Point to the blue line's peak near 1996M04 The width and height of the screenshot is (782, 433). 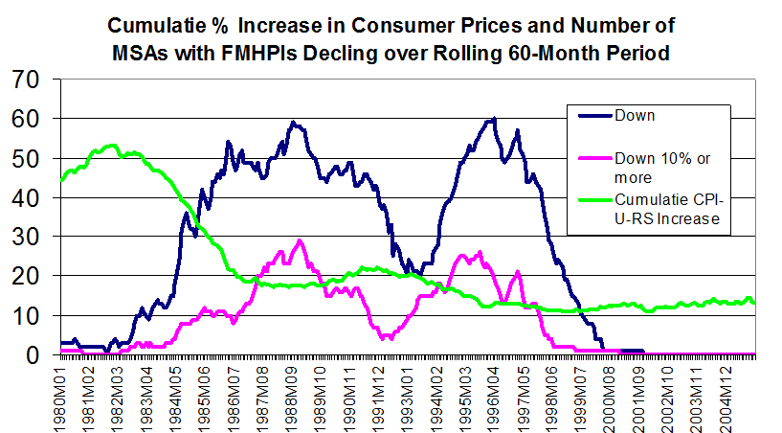(x=494, y=119)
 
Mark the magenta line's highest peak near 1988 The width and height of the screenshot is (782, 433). (x=300, y=240)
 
